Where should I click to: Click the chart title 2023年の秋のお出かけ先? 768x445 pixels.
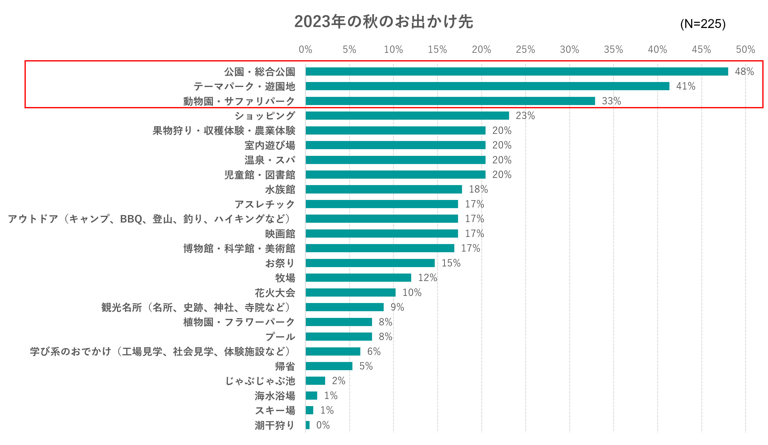(x=383, y=22)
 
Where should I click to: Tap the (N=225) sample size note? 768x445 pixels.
(x=703, y=24)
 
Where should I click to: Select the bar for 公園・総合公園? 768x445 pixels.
(x=516, y=72)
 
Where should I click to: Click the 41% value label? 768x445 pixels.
(x=685, y=86)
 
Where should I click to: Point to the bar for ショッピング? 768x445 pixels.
(x=407, y=115)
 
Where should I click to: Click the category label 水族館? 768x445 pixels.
(x=280, y=190)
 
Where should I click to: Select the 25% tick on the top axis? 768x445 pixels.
(x=525, y=49)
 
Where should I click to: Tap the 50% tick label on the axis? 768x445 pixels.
(x=745, y=49)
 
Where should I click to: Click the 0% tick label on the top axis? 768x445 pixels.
(x=305, y=49)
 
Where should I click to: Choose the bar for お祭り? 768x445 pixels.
(x=370, y=263)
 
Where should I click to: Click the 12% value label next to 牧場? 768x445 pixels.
(x=427, y=278)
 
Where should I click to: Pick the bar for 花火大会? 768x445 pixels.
(x=350, y=293)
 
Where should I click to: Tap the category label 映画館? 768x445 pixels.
(x=280, y=234)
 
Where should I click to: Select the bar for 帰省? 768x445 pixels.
(x=329, y=366)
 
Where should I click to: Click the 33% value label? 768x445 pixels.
(x=611, y=101)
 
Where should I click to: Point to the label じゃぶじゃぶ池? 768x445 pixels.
(x=260, y=381)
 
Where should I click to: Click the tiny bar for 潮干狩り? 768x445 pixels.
(x=308, y=425)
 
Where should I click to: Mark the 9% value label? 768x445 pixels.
(x=397, y=307)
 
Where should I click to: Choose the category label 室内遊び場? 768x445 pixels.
(x=270, y=145)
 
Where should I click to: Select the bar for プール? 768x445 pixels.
(x=339, y=336)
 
